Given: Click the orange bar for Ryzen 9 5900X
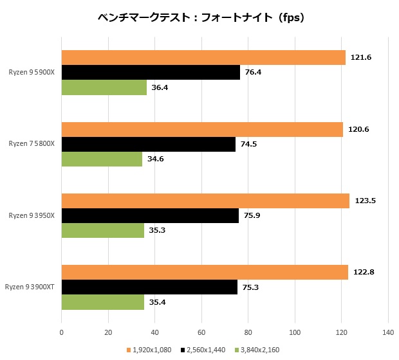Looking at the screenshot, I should [x=203, y=58].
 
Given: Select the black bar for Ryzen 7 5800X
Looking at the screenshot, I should [x=149, y=145].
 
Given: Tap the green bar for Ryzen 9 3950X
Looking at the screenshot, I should [x=102, y=230].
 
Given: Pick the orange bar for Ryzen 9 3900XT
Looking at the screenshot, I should [x=205, y=272].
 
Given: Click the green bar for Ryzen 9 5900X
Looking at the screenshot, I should [x=104, y=87].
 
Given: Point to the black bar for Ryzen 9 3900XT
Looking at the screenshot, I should [x=149, y=287].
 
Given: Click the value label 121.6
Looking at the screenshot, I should [x=361, y=58].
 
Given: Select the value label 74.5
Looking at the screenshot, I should [x=248, y=145].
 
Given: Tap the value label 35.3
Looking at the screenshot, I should [x=157, y=230].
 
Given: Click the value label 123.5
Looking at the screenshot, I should [x=365, y=201].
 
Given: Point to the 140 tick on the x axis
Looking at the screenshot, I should [x=387, y=332].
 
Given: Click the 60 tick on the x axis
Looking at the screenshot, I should [x=201, y=332].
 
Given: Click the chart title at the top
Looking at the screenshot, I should [x=199, y=18].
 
